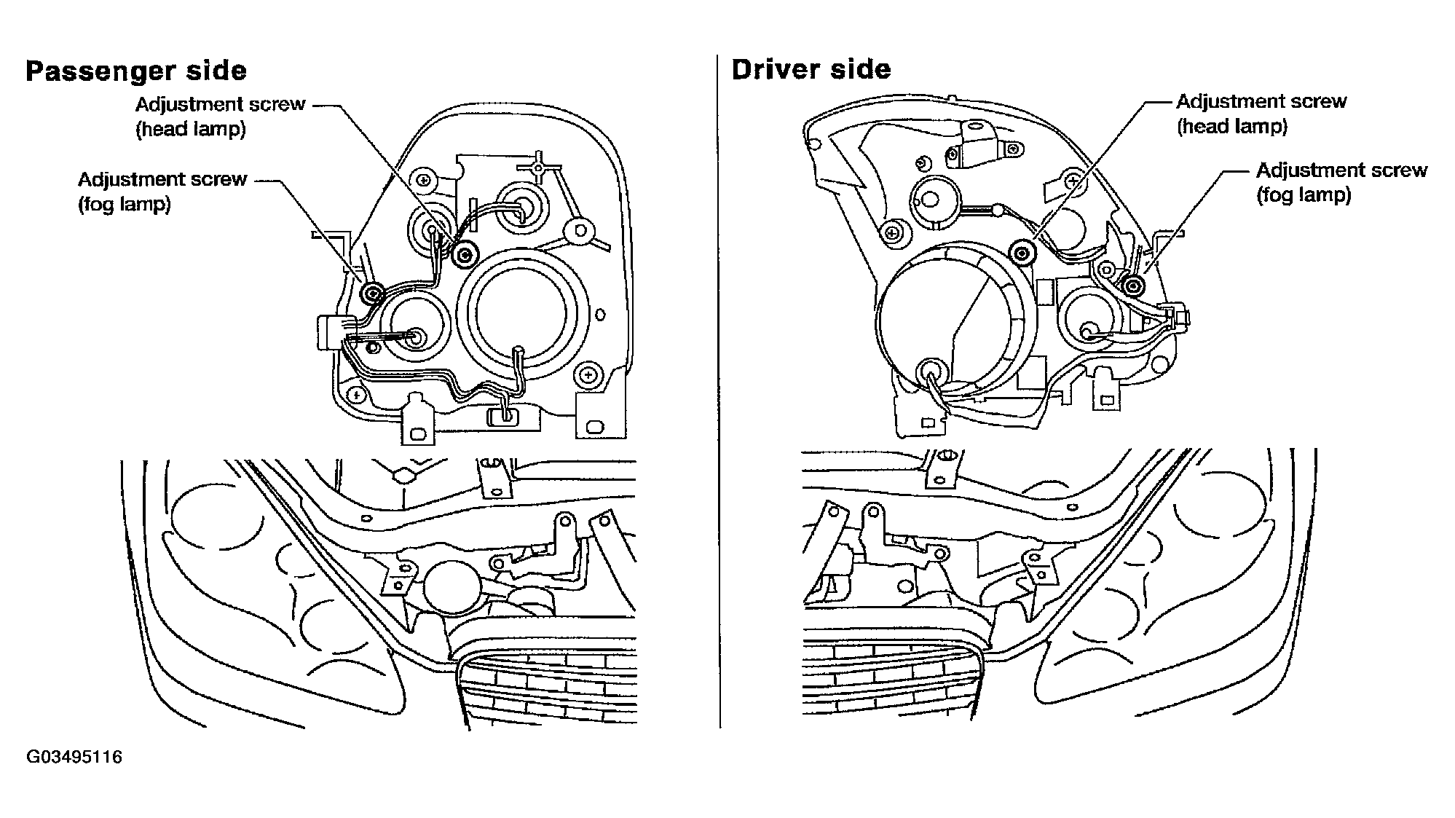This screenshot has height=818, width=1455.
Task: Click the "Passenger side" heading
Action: coord(136,71)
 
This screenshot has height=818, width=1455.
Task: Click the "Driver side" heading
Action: coord(811,69)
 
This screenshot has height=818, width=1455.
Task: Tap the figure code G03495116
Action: coord(74,758)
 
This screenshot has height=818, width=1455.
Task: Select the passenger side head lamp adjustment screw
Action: coord(463,253)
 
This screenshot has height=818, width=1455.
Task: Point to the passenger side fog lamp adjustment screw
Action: coord(372,294)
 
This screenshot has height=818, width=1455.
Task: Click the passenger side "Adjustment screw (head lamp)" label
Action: coord(220,117)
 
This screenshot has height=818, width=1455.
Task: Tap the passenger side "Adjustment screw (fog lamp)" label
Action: coord(162,192)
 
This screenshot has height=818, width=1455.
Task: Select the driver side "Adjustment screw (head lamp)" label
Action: coord(1261,114)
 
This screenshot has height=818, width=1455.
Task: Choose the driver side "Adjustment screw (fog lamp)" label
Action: coord(1341,182)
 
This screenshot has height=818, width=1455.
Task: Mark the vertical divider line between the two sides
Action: coord(719,391)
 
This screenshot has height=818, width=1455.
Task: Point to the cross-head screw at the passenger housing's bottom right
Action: coord(588,376)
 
